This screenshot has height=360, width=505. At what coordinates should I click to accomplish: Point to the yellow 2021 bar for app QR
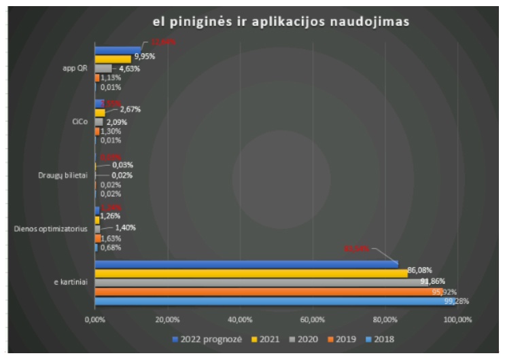112,59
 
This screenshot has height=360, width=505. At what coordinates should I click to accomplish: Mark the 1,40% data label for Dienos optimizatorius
125,227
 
